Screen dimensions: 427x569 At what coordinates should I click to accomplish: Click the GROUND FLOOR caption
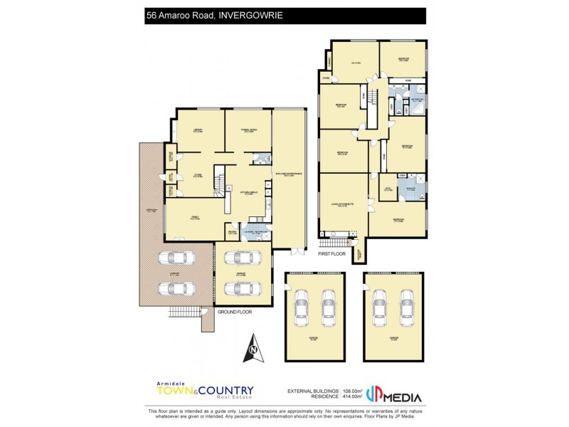(235, 312)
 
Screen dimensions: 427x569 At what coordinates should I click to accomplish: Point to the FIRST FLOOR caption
(332, 253)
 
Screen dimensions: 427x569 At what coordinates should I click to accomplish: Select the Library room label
(198, 130)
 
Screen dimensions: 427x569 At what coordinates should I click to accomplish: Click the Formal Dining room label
(248, 130)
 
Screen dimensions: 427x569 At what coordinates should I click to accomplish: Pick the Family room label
(193, 218)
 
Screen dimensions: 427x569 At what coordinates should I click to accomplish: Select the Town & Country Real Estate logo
(204, 392)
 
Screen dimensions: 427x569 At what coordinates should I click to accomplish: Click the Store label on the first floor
(326, 78)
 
